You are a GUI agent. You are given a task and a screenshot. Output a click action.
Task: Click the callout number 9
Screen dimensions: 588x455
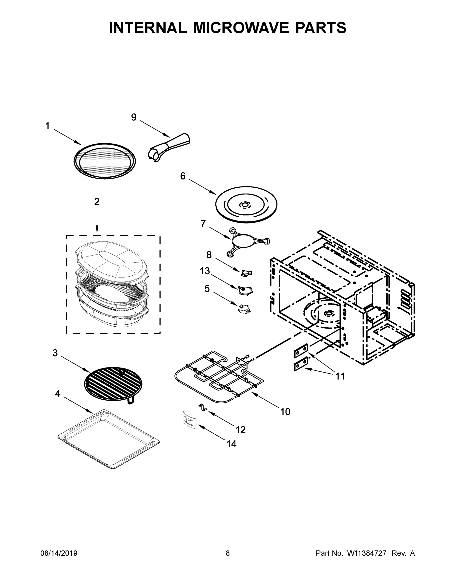click(134, 117)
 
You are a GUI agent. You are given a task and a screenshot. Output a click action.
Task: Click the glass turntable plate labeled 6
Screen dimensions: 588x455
click(246, 205)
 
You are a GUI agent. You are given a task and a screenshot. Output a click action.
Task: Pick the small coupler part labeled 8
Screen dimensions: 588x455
click(246, 273)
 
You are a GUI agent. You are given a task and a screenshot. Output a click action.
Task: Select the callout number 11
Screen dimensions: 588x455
click(340, 376)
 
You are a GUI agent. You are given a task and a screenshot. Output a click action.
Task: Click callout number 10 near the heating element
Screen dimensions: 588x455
click(285, 412)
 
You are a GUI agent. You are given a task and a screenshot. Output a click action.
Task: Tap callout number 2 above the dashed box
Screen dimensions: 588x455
click(97, 202)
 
